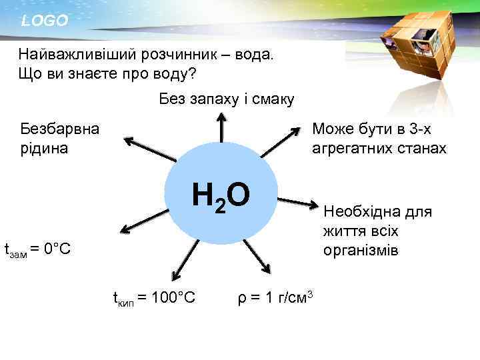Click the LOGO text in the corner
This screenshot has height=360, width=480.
pos(44,21)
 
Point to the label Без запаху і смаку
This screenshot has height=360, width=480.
pos(227,99)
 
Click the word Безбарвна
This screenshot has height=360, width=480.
pos(59,129)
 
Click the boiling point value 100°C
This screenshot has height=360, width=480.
pos(173,297)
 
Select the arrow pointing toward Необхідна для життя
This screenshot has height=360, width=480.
pos(298,201)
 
